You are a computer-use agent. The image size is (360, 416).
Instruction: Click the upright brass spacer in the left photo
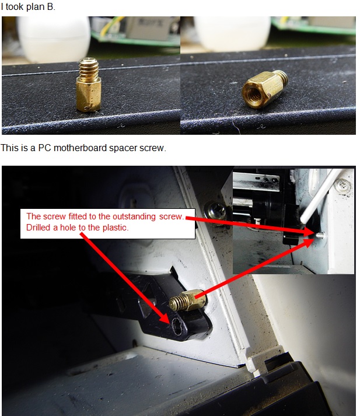(x=89, y=85)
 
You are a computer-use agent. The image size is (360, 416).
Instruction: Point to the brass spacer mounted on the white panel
(x=187, y=301)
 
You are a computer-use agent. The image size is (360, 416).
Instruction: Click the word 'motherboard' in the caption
(x=80, y=148)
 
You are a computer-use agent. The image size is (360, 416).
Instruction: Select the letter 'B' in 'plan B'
(x=50, y=6)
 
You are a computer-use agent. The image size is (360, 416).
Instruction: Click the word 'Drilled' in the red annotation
(x=38, y=228)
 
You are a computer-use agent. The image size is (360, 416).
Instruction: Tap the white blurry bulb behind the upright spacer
(x=54, y=40)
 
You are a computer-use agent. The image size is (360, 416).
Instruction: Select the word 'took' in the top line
(x=15, y=6)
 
